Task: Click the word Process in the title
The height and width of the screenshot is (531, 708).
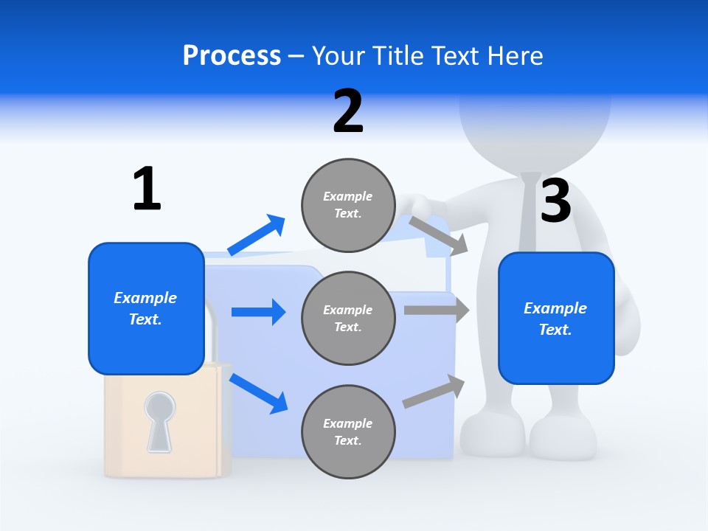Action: [232, 56]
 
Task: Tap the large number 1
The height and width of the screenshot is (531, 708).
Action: [147, 189]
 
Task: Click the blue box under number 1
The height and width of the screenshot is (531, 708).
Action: [146, 308]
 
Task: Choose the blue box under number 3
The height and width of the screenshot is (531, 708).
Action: [556, 319]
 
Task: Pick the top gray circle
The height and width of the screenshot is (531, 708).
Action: [348, 205]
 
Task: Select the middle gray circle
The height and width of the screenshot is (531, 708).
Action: [348, 319]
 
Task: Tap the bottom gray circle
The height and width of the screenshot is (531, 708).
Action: [348, 432]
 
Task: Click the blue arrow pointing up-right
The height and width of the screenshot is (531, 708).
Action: [257, 235]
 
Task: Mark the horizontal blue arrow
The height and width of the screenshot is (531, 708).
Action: [258, 312]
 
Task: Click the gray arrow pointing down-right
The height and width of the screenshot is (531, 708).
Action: [439, 235]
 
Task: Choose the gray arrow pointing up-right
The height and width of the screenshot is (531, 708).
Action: [434, 392]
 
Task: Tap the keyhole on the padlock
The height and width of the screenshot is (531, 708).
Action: [159, 421]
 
